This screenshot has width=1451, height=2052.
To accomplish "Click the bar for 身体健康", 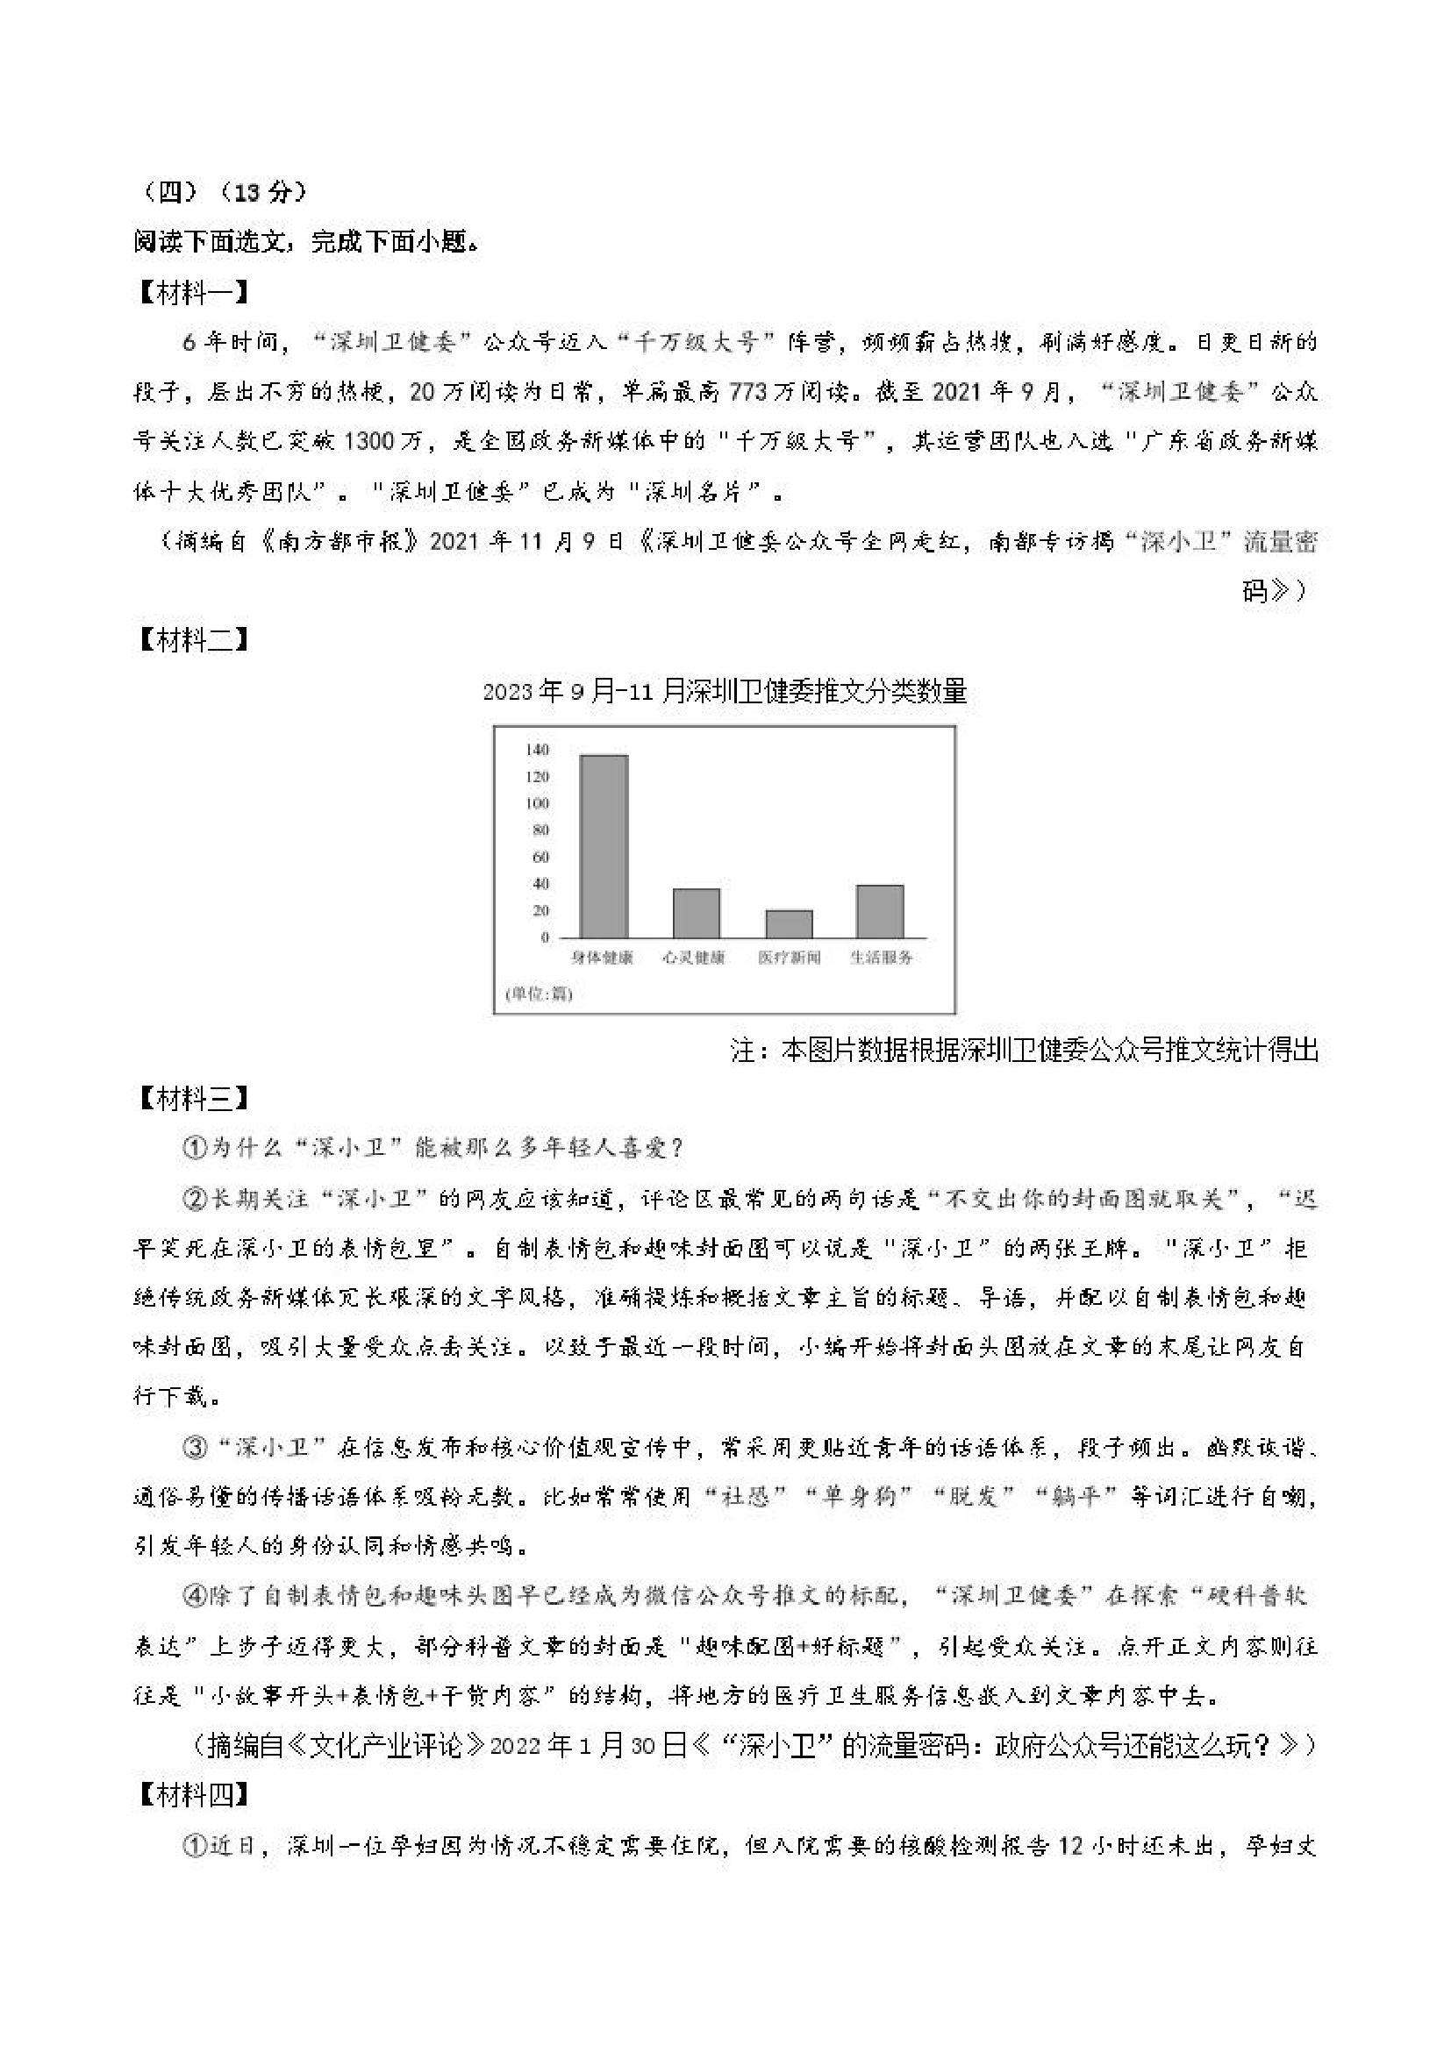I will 604,845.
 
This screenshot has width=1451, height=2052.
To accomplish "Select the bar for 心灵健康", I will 696,913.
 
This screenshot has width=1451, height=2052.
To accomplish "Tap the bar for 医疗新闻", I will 790,923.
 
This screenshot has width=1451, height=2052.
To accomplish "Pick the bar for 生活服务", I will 880,911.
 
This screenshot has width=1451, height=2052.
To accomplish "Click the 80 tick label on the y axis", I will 540,830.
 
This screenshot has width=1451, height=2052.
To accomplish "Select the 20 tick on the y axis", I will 540,911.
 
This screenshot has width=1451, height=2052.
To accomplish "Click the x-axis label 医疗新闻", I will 790,958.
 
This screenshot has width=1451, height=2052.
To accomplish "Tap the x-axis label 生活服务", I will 881,958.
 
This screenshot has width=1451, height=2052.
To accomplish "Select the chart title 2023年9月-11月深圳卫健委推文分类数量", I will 724,692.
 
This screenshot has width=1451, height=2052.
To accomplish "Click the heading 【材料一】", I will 192,292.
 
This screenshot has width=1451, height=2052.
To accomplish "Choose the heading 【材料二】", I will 192,640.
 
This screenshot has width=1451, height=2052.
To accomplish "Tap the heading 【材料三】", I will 192,1100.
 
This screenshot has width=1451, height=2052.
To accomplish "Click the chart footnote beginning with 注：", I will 1025,1051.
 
